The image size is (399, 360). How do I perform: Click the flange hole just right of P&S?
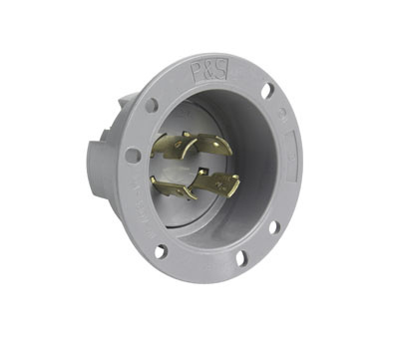(267, 90)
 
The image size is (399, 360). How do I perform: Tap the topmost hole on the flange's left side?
(151, 104)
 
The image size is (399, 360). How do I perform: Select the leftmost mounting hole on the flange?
(132, 156)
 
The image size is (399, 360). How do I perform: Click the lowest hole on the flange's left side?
(159, 251)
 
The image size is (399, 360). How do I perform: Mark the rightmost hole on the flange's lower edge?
(273, 227)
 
